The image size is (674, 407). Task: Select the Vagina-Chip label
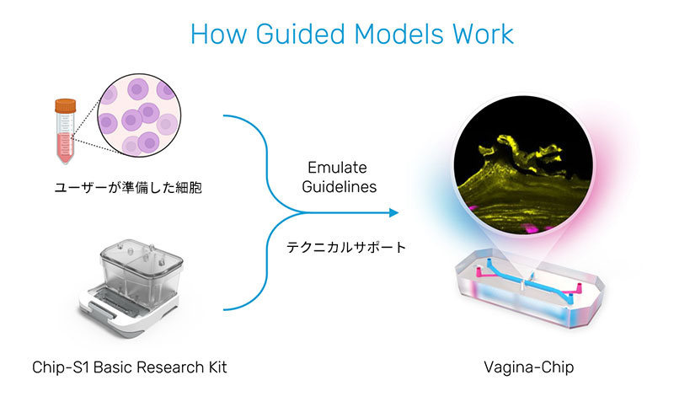click(x=522, y=367)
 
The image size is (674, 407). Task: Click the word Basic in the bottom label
click(x=115, y=367)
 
